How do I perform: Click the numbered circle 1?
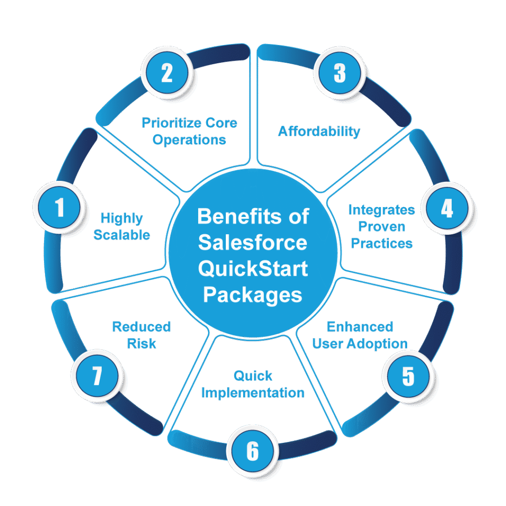coord(59,208)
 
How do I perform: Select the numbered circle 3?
coord(339,73)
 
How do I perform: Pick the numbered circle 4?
coord(447,209)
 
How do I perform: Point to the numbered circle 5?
coord(408,377)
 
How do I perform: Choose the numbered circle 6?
coord(253,451)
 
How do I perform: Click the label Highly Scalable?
coord(122,226)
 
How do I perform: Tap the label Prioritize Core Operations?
coord(189,131)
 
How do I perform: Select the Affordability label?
coord(319,131)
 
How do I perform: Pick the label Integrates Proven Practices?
coord(381,226)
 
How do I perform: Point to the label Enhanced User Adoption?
coord(360,335)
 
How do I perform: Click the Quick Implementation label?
coord(253,384)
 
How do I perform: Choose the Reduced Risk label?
coord(141,335)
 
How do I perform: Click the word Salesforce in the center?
coord(253,243)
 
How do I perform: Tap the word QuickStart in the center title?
coord(253,269)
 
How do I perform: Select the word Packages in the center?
coord(253,295)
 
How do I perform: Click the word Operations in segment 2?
coord(189,140)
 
